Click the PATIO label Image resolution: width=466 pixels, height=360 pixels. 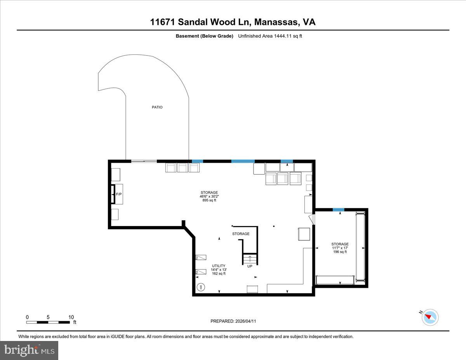[x=157, y=107]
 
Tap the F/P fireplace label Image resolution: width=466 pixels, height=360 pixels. [x=118, y=194]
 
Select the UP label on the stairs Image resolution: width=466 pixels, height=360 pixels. [x=249, y=266]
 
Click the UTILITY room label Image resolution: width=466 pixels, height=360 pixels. [x=219, y=266]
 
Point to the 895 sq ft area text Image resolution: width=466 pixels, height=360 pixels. [x=209, y=200]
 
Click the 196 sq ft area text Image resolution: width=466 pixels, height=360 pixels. [x=340, y=252]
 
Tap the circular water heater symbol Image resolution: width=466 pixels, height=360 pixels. [x=201, y=287]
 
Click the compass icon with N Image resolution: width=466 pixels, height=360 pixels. [x=430, y=317]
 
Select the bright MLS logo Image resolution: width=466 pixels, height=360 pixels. [x=30, y=350]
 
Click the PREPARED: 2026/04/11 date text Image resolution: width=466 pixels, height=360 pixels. [x=233, y=321]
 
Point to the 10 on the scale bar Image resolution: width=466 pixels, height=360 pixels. [x=71, y=317]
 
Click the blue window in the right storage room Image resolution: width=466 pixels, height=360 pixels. [x=338, y=210]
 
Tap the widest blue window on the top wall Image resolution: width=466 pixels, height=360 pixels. [x=243, y=161]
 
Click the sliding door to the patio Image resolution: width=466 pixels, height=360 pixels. [x=144, y=161]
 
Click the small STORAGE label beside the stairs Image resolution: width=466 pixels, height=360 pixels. [x=241, y=234]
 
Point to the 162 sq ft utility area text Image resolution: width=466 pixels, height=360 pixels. [x=219, y=273]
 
